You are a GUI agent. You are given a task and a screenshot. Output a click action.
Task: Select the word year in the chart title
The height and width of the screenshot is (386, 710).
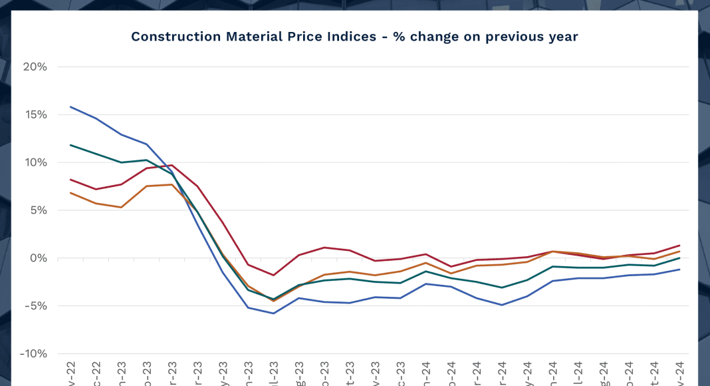(562, 37)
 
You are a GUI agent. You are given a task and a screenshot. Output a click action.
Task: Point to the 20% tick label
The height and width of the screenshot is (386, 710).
(35, 67)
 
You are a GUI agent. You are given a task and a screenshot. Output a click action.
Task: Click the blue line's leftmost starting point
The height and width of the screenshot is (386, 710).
(70, 106)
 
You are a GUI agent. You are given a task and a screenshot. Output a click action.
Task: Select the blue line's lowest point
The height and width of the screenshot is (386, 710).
(273, 313)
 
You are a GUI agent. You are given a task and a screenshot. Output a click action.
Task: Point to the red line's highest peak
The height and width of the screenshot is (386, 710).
(172, 165)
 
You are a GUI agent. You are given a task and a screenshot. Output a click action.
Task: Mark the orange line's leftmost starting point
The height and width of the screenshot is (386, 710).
(70, 193)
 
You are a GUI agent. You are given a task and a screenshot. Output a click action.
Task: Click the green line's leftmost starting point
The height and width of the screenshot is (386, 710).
(70, 145)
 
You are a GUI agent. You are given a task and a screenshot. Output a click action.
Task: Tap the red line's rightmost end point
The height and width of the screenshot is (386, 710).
(679, 246)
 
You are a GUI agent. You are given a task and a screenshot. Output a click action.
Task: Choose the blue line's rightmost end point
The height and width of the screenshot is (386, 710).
(679, 270)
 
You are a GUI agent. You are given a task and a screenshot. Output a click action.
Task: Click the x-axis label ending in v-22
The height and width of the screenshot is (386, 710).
(71, 373)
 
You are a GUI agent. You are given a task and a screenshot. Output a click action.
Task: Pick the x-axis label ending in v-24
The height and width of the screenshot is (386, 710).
(679, 373)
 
